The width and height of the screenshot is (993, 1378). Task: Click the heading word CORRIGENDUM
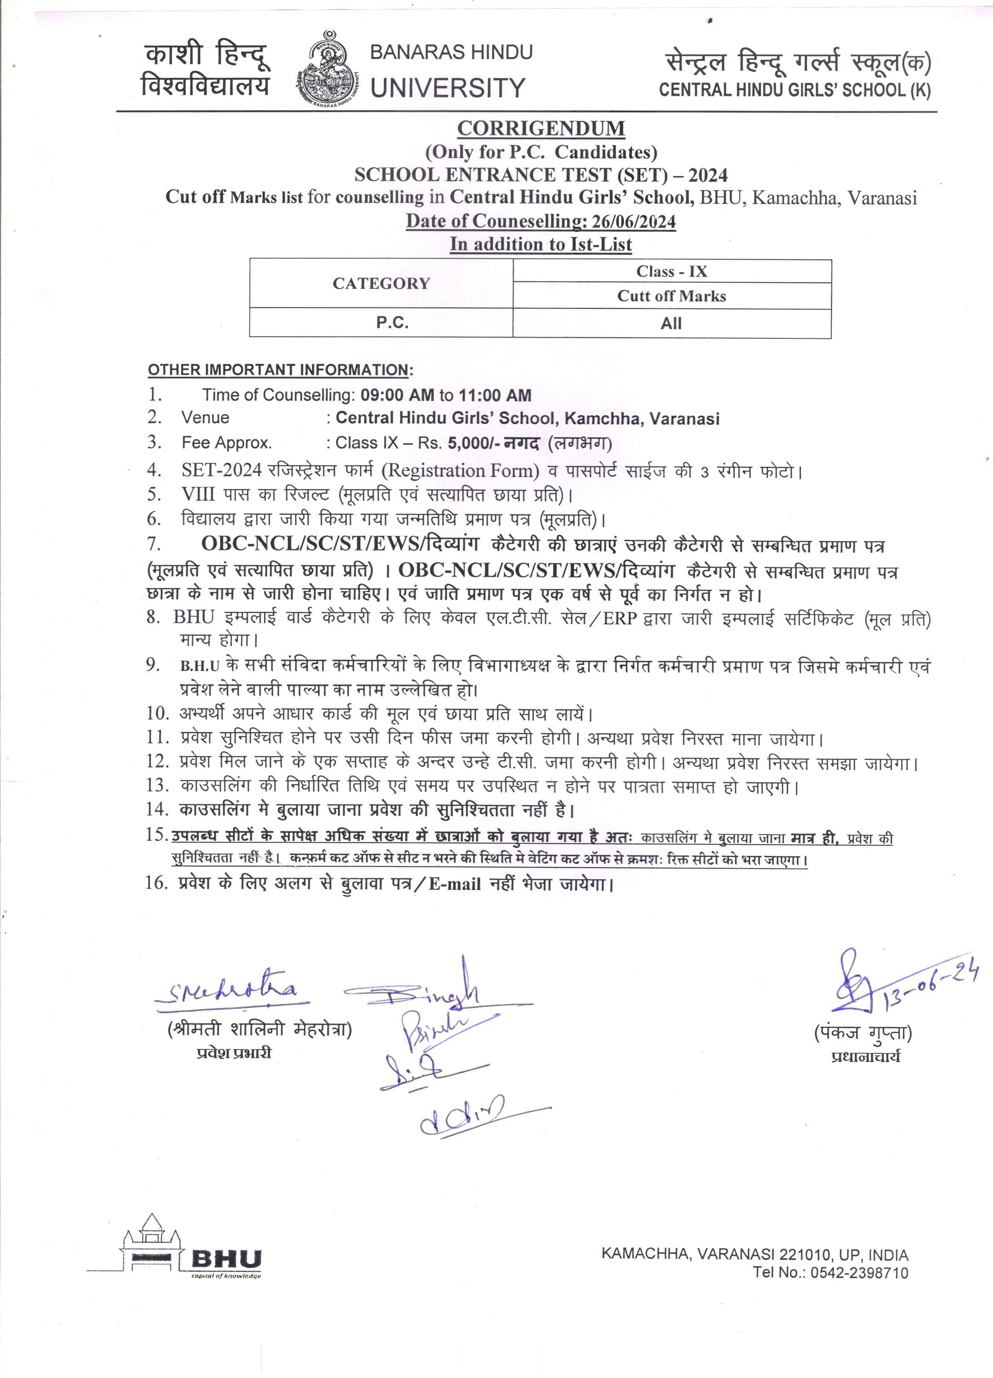(x=540, y=129)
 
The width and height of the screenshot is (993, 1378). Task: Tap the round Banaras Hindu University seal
(x=328, y=70)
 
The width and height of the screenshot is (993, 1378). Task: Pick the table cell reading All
(x=671, y=323)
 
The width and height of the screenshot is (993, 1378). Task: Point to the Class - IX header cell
(x=671, y=272)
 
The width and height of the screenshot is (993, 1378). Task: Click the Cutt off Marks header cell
(x=671, y=296)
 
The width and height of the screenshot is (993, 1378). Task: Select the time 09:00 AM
(x=397, y=396)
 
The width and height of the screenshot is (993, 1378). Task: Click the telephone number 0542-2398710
(x=861, y=1272)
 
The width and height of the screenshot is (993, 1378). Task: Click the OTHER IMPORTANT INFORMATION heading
(x=279, y=370)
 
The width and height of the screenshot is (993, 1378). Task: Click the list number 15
(x=156, y=835)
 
